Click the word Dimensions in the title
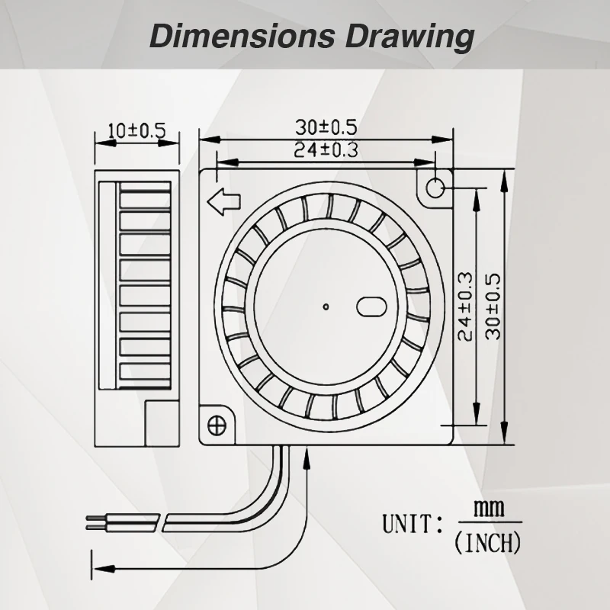coord(242,36)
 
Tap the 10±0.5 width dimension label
coord(137,130)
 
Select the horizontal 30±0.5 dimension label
coord(326,127)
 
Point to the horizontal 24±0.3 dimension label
coord(326,149)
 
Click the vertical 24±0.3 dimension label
coord(465,307)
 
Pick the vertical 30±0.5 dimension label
coord(493,307)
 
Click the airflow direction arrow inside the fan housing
coord(223,201)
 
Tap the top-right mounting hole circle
coord(435,188)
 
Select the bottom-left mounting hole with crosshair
coord(217,425)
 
